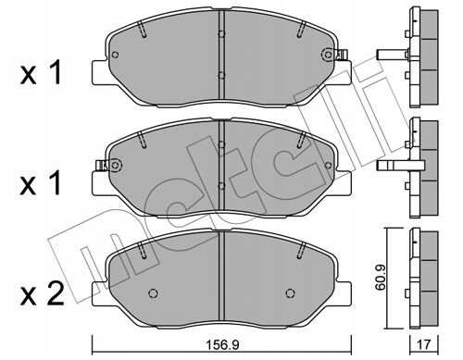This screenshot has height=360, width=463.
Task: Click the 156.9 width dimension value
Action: pyautogui.click(x=221, y=345)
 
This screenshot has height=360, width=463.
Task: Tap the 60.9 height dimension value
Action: pyautogui.click(x=381, y=279)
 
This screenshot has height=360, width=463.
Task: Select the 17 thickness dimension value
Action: pyautogui.click(x=424, y=345)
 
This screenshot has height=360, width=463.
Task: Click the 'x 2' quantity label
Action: pyautogui.click(x=42, y=294)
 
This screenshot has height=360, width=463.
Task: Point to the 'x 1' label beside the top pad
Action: pyautogui.click(x=41, y=73)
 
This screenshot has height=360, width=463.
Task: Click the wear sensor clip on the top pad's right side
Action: pyautogui.click(x=344, y=55)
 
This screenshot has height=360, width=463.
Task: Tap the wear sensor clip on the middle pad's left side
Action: pyautogui.click(x=101, y=166)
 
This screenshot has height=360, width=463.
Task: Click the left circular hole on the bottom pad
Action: pyautogui.click(x=153, y=292)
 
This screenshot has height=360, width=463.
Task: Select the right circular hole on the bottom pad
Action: pyautogui.click(x=290, y=292)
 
